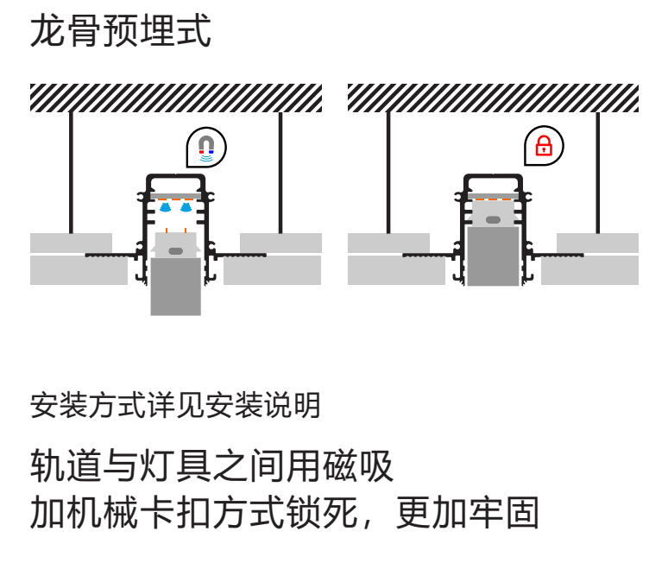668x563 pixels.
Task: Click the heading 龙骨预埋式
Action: pos(120,33)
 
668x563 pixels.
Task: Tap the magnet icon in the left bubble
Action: pos(205,147)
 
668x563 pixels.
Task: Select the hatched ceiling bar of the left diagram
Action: pos(176,98)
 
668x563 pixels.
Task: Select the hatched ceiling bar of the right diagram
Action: pos(493,98)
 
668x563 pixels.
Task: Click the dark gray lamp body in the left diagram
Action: pos(175,285)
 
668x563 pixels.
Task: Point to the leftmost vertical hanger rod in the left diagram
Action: pos(71,173)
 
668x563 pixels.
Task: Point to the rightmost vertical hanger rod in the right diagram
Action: pos(597,173)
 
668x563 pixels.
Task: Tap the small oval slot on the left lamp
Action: pos(175,250)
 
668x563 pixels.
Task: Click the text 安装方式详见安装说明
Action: pos(175,405)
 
